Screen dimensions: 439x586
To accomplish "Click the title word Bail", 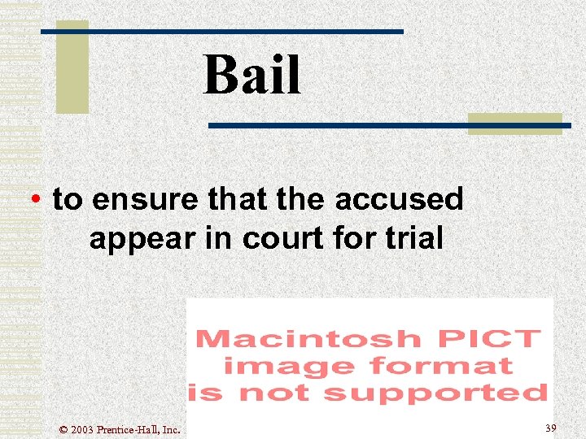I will (252, 75).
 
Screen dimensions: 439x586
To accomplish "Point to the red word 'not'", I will (281, 393).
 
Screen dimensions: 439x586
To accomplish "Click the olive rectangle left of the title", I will (72, 66).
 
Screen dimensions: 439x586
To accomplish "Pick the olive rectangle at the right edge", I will (514, 124).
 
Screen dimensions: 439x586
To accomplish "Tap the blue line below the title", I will (391, 126).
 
